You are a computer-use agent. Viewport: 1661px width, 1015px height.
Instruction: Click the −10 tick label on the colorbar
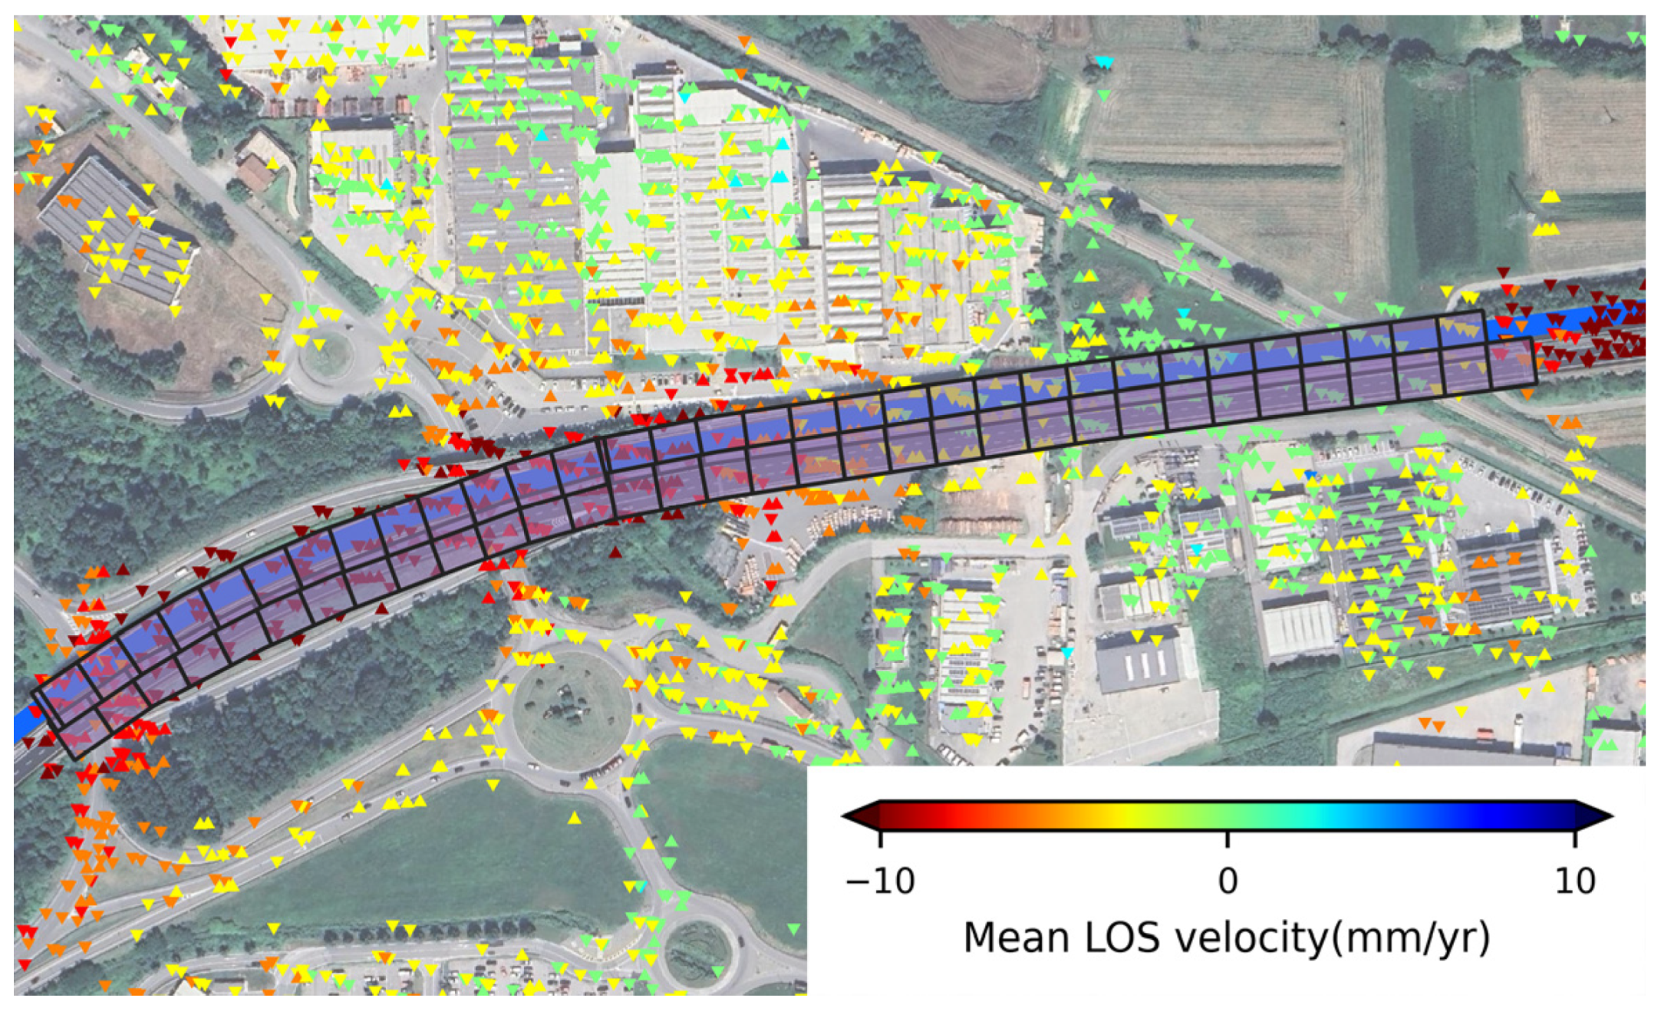click(x=879, y=882)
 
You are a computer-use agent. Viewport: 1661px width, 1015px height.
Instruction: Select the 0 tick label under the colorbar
click(x=1228, y=882)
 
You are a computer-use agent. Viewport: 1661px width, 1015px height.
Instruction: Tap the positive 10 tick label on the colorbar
click(x=1574, y=882)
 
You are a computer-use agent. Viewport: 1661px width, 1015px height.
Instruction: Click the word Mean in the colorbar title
click(x=1015, y=938)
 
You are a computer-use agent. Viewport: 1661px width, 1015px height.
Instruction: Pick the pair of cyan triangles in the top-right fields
click(x=1103, y=62)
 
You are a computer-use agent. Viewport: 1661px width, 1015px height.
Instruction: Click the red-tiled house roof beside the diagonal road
click(x=255, y=172)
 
